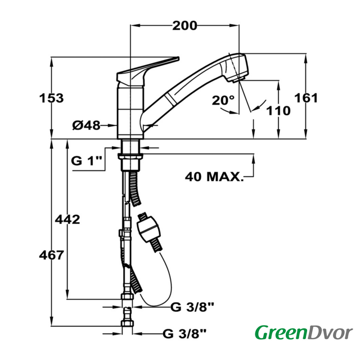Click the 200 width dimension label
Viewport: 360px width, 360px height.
(184, 25)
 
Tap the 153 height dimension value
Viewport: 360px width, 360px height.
(51, 98)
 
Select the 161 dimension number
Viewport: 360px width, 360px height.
(306, 98)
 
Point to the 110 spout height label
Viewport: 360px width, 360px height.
(278, 111)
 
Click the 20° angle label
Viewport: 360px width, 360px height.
(223, 100)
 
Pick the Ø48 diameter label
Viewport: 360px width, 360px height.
(86, 125)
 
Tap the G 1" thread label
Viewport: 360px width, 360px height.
(86, 161)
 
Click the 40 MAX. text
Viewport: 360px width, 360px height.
(214, 177)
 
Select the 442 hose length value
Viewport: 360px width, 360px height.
(67, 219)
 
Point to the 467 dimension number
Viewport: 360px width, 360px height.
(51, 255)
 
